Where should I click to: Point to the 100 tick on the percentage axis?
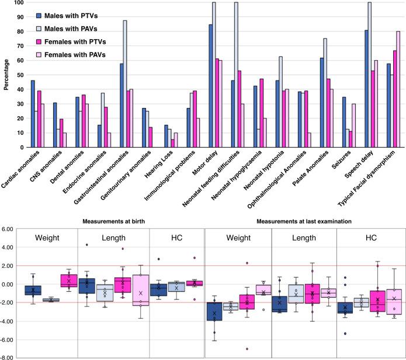click(x=19, y=3)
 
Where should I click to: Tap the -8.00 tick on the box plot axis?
click(x=11, y=358)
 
